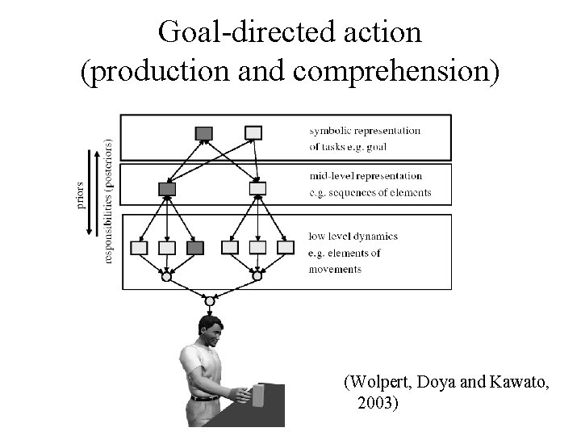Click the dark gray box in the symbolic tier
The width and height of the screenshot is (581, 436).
204,132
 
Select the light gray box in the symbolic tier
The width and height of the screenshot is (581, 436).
253,132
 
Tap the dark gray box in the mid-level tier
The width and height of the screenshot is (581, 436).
167,189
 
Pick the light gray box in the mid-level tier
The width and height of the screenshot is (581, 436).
257,189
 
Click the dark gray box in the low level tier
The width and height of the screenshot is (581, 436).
194,247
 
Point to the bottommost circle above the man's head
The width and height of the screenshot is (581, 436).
210,301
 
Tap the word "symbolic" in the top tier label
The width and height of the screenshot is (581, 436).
330,130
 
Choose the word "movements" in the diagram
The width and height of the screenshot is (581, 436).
335,269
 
